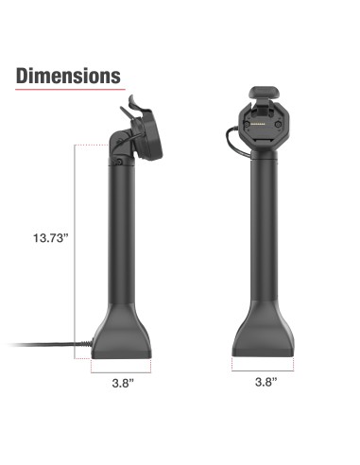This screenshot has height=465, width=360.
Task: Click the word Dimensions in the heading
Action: click(x=68, y=76)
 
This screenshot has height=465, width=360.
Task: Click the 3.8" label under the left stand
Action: click(x=119, y=384)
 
